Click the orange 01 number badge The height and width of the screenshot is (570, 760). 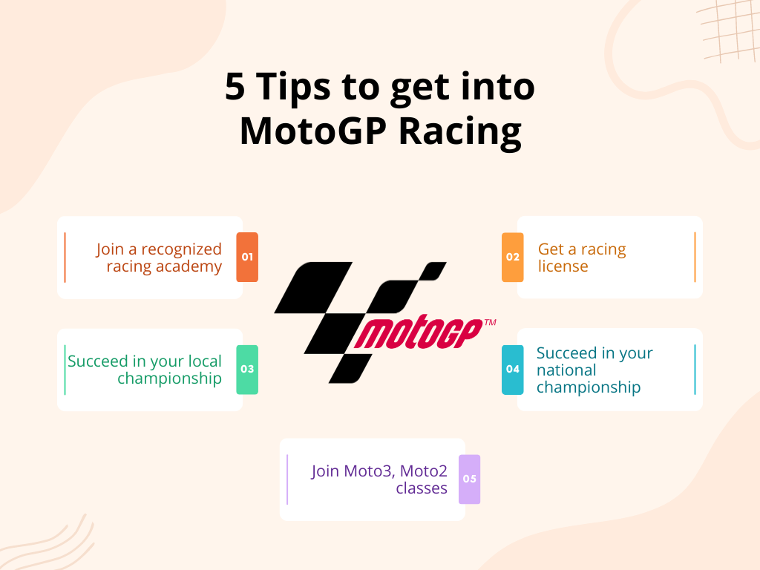(x=247, y=257)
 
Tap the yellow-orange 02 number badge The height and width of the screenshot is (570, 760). (x=512, y=257)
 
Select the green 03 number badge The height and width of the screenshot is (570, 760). (x=247, y=370)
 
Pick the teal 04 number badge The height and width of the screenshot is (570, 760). (x=512, y=370)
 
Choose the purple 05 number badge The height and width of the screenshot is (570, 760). (x=469, y=479)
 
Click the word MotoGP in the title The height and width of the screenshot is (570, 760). (x=313, y=131)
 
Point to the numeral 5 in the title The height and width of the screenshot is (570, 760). (x=235, y=87)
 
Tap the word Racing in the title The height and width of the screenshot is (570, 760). (x=460, y=132)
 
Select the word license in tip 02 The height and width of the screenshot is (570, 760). (x=563, y=266)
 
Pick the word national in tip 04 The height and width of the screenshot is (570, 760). (x=566, y=370)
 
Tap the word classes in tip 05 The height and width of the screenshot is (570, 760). (x=422, y=488)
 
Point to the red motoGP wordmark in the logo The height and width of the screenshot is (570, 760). (x=418, y=332)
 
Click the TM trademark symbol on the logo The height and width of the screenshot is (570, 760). (x=490, y=322)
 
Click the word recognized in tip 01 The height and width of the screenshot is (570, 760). (x=181, y=250)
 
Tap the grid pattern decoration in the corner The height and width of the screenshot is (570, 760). (x=728, y=30)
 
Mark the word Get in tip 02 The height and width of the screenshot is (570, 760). (x=551, y=249)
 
